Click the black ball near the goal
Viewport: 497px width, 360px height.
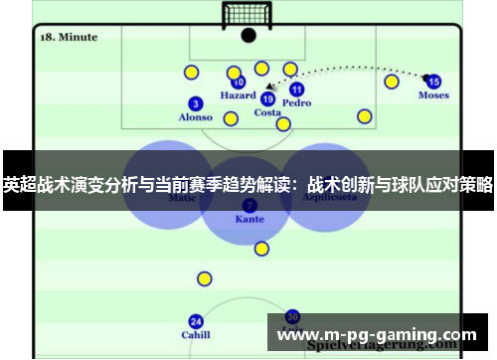tap(248, 36)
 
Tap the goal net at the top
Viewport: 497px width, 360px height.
tap(248, 14)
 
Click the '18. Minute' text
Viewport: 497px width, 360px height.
tap(69, 37)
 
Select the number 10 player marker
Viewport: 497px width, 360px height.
tap(239, 83)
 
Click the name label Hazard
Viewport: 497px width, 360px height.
tap(239, 96)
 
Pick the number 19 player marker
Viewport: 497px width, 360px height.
tap(267, 98)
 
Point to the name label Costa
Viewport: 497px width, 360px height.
tap(267, 112)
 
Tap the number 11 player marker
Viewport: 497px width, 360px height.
tap(296, 89)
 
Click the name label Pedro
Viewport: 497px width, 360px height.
tap(296, 102)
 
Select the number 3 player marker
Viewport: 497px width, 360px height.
tap(196, 103)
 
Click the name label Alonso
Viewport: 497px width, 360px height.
tap(196, 117)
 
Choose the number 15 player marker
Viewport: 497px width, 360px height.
tap(433, 82)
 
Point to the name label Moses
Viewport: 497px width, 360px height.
tap(433, 95)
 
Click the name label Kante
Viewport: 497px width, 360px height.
tap(249, 218)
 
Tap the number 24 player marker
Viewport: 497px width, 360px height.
tap(196, 321)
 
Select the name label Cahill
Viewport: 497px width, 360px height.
tap(196, 335)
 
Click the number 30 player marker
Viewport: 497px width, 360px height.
tap(292, 316)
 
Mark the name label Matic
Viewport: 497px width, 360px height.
tap(183, 198)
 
